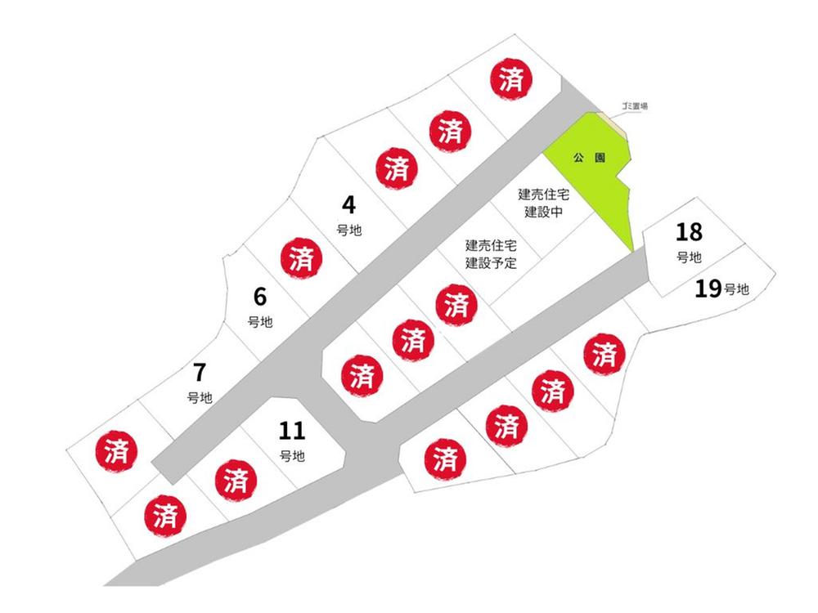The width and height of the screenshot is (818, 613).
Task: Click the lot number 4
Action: (348, 205)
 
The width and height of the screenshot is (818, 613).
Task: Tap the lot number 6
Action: (260, 297)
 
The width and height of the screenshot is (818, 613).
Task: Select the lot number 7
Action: (200, 372)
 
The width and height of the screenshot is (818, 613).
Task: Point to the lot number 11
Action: (292, 431)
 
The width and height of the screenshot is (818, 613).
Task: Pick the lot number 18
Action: (689, 232)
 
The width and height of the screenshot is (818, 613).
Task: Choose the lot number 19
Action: (708, 289)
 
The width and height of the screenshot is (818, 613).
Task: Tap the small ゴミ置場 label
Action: (635, 105)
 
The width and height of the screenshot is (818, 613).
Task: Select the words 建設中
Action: (544, 212)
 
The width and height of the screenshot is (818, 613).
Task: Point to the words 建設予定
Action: (491, 262)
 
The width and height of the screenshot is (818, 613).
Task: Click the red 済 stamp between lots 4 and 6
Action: (302, 259)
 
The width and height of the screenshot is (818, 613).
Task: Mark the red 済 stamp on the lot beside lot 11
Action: (236, 480)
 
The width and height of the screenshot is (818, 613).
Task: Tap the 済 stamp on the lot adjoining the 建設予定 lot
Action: (457, 305)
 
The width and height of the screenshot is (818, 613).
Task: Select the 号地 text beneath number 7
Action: (200, 398)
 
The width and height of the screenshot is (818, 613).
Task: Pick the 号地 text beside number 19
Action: (737, 289)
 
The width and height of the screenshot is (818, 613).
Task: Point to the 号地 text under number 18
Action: (689, 257)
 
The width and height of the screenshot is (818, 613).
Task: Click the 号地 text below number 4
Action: (349, 230)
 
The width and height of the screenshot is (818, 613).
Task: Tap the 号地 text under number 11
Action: (292, 456)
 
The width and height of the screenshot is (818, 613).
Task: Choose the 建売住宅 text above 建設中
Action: (544, 195)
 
